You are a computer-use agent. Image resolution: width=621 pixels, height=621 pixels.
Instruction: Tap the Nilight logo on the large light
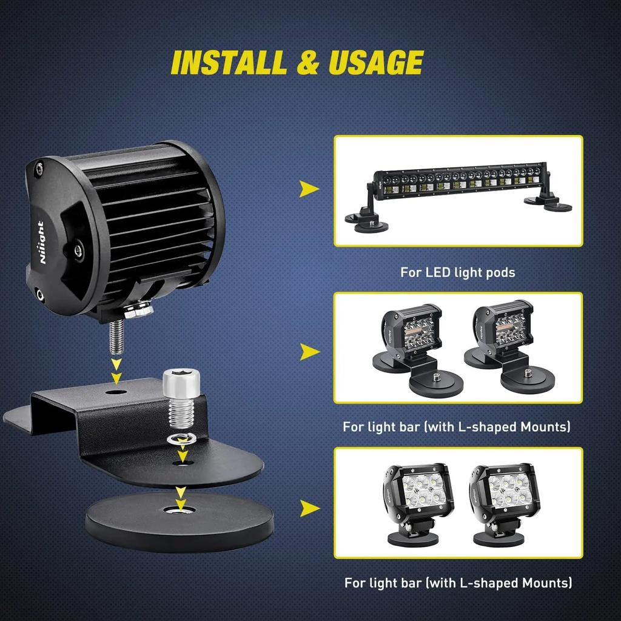tap(41, 242)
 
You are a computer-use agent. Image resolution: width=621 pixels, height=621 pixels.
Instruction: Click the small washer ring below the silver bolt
tap(180, 438)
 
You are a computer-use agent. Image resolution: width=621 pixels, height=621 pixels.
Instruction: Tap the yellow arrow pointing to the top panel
tap(309, 190)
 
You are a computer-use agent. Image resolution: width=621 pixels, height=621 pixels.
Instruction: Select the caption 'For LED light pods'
tap(457, 272)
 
